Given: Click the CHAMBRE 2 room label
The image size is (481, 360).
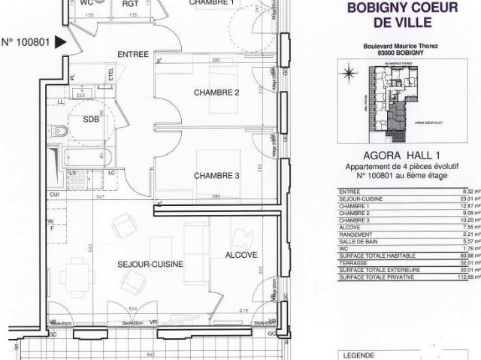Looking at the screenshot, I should tap(216, 92).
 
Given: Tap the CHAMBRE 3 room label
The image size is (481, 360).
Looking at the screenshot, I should tap(216, 176).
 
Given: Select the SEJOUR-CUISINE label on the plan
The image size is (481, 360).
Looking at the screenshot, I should tap(150, 265).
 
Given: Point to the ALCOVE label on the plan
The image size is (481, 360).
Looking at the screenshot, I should tap(241, 255).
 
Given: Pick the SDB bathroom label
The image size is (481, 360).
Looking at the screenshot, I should tap(91, 119).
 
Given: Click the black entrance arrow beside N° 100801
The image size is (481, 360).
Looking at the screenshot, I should tap(62, 43).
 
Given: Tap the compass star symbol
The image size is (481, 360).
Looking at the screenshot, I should tap(349, 73).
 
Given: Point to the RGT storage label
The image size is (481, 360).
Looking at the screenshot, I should tap(130, 3).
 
